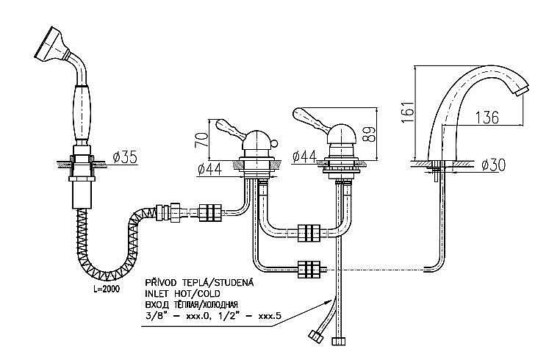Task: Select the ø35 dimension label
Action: [x=125, y=156]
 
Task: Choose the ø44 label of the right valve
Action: [x=303, y=156]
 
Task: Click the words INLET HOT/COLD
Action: [x=179, y=293]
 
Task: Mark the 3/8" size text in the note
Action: [x=157, y=316]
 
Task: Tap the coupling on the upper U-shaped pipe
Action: [x=306, y=234]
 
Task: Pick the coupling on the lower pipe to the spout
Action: [x=307, y=270]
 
